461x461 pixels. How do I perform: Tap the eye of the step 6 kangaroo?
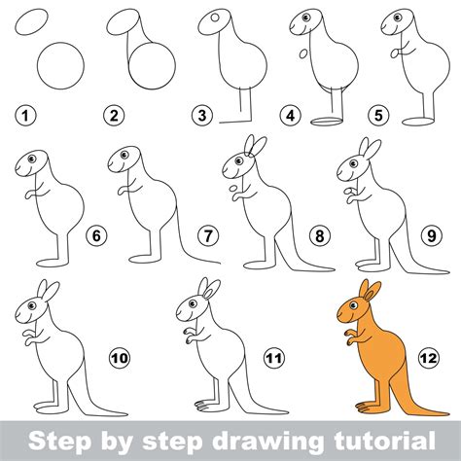click(31, 158)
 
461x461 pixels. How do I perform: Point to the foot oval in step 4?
click(329, 122)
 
